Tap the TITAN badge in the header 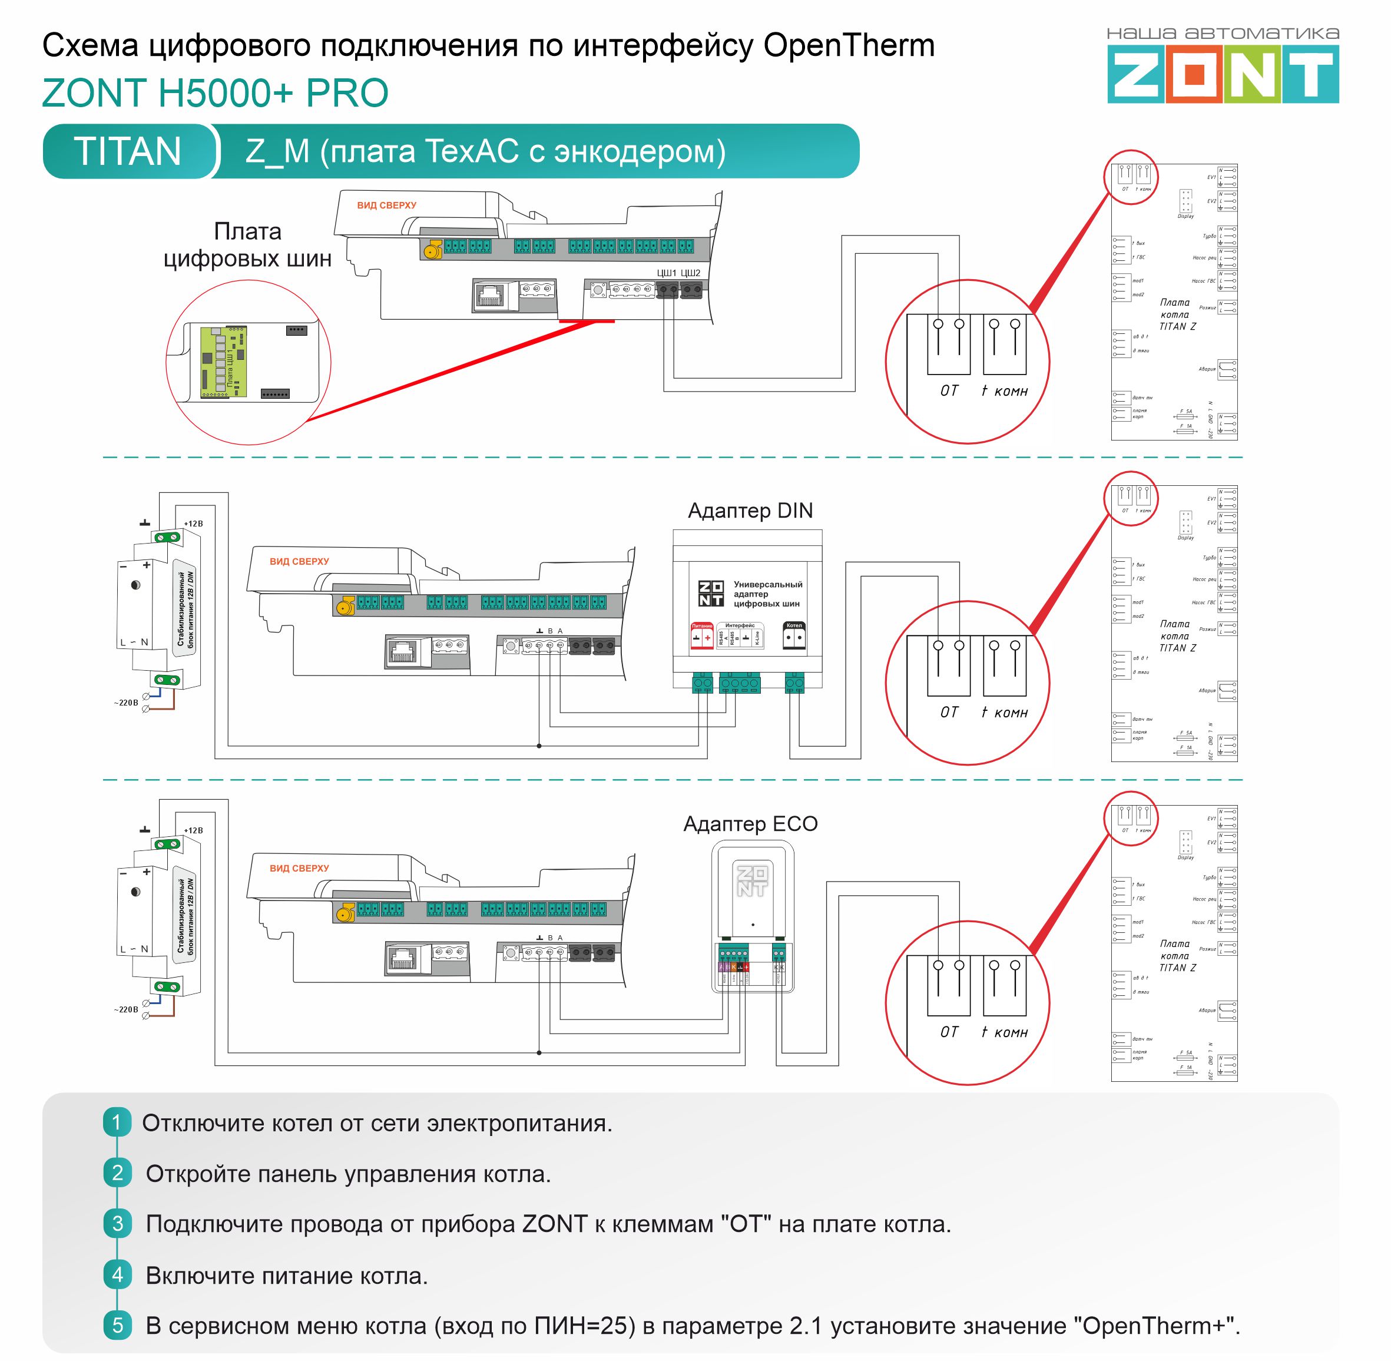[128, 151]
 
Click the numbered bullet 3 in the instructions [117, 1224]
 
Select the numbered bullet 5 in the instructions [117, 1325]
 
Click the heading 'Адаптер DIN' [750, 511]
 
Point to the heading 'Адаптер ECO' [750, 823]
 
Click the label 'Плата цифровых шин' [247, 245]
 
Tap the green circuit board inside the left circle [224, 362]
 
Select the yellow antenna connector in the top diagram [431, 250]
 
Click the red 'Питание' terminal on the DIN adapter [702, 635]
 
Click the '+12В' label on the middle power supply [193, 524]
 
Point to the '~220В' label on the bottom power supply [126, 1009]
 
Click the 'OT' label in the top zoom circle [949, 390]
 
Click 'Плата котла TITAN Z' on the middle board [1176, 635]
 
